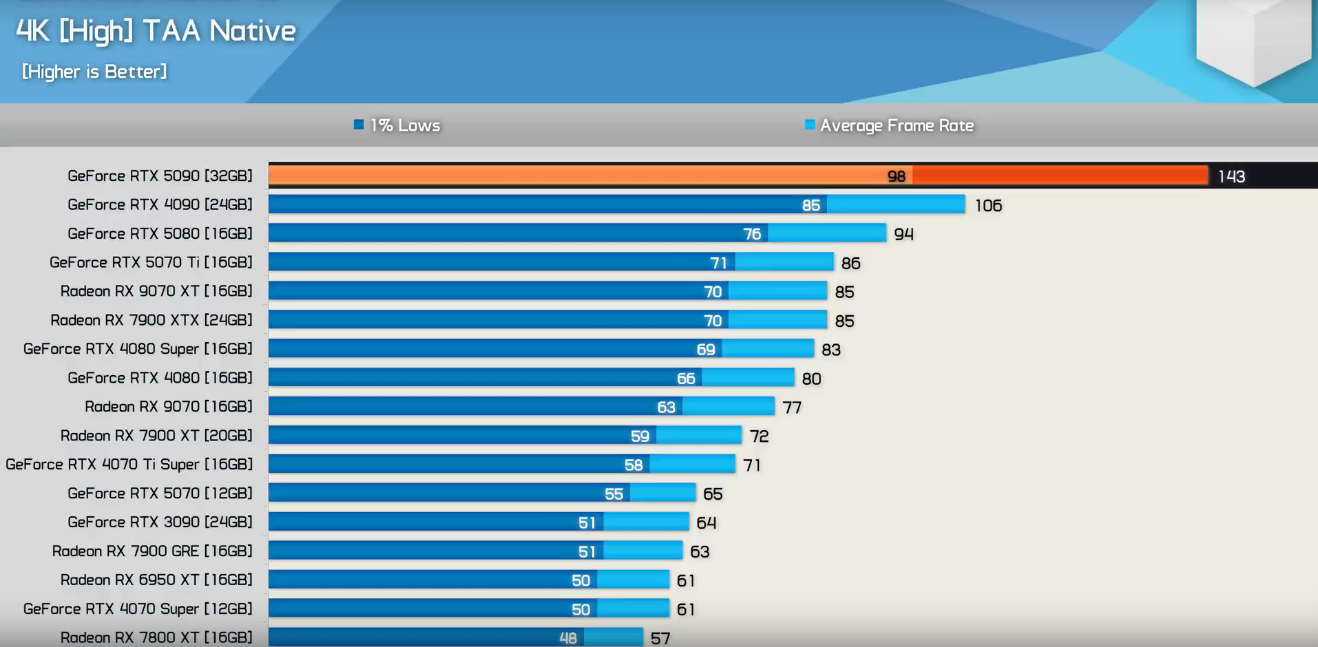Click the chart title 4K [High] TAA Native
coord(156,31)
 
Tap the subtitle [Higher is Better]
coord(94,72)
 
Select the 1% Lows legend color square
coord(358,125)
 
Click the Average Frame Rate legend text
coord(897,125)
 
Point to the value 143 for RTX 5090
coord(1231,177)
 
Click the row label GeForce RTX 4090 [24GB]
coord(160,204)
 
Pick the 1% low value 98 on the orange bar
coord(896,177)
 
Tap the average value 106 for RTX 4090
coord(988,206)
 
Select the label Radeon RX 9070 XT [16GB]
coord(156,291)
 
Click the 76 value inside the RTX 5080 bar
coord(752,234)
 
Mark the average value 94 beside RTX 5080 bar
coord(903,235)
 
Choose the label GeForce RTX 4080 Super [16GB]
coord(138,349)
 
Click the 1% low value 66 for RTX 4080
coord(686,379)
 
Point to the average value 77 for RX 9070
coord(792,407)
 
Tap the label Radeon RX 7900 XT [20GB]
coord(156,436)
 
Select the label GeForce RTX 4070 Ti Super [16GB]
coord(129,465)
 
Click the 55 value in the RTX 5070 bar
coord(614,494)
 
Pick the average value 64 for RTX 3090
coord(706,523)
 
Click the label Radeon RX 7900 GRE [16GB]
coord(152,551)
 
